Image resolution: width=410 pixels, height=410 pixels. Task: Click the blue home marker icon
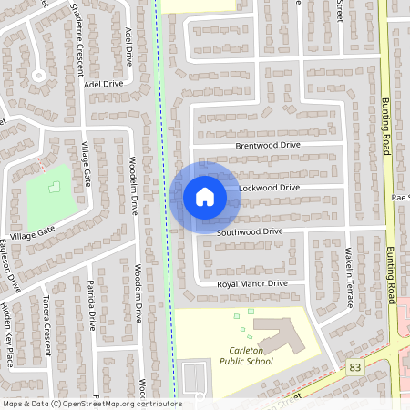coord(204,195)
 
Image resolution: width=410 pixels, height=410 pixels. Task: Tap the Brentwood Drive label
coord(267,145)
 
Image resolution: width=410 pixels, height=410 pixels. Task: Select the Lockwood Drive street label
coord(269,188)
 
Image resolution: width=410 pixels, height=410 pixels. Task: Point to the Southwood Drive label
coord(250,232)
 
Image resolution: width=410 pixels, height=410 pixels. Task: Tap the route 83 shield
coord(354,366)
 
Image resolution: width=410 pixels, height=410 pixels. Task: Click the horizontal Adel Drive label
coord(103,84)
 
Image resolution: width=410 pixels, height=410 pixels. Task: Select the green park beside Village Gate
coord(50,195)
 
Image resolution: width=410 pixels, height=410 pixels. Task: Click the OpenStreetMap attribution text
coord(91,404)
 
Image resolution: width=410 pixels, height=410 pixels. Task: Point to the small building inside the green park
coord(54,187)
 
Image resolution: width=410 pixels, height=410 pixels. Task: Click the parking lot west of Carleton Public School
coord(195,379)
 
